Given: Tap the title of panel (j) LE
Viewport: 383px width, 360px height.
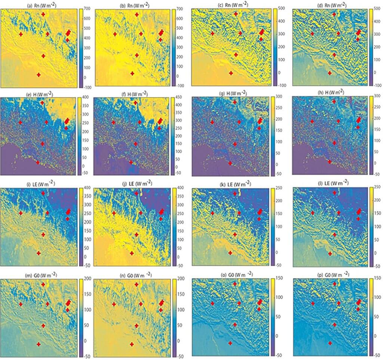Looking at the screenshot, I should (132, 184).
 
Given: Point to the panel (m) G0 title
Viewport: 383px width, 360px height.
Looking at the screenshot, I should (40, 276).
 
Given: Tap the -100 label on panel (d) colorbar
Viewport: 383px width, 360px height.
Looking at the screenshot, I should (377, 85).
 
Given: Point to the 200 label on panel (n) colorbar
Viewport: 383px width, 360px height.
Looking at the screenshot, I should (180, 279).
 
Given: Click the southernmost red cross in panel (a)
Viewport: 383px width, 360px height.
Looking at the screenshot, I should (39, 75).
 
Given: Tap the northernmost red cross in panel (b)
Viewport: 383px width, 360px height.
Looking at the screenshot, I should (137, 14).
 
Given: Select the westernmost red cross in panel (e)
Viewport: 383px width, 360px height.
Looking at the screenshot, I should (20, 122).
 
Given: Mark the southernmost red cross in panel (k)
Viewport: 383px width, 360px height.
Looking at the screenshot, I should (230, 253).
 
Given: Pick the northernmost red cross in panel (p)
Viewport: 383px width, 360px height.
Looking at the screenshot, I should (334, 284).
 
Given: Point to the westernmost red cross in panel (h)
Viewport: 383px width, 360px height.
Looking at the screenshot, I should (312, 121).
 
